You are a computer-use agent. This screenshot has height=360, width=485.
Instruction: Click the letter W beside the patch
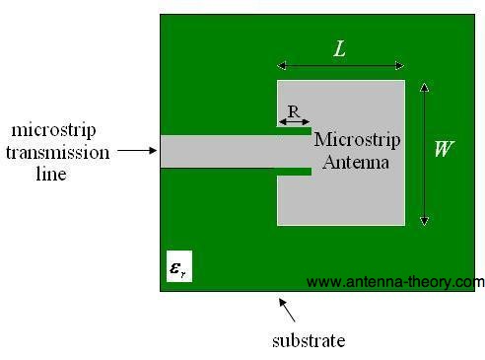point(445,150)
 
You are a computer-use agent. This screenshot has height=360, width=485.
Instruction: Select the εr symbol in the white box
point(178,267)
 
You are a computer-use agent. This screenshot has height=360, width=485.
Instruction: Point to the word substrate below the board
point(308,341)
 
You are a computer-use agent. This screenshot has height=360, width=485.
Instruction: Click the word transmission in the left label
point(58,152)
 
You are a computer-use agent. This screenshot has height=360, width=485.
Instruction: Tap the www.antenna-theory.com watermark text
point(395,282)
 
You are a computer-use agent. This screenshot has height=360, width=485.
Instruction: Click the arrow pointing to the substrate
point(287,310)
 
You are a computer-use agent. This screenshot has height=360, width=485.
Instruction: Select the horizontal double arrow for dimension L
point(341,67)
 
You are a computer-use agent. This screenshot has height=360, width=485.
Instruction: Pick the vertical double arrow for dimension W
point(424,153)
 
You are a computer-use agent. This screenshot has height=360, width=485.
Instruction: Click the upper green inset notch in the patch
point(295,131)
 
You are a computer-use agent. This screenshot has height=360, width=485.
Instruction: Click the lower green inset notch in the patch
point(295,172)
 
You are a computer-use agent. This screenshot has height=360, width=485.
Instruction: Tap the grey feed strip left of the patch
point(217,151)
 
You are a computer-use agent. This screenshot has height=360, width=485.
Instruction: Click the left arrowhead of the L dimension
point(281,67)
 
